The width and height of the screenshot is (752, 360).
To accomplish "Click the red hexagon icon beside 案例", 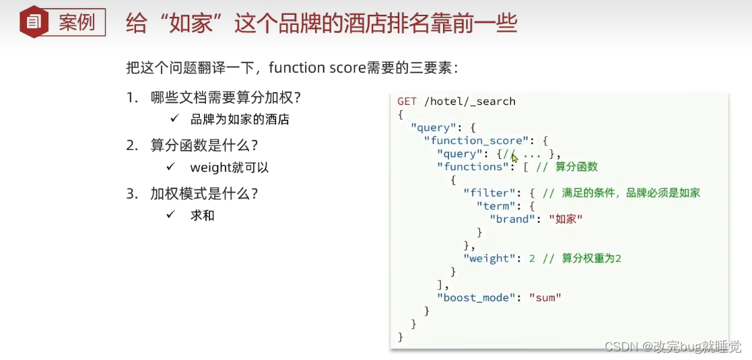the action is tap(32, 22).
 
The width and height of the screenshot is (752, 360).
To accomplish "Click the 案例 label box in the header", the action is tap(76, 22).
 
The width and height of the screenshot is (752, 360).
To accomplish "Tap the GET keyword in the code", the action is tap(407, 102).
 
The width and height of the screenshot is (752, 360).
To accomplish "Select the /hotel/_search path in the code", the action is tap(469, 102).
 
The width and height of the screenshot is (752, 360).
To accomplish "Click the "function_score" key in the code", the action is tap(476, 141).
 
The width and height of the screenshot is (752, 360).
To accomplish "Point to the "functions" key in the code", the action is tap(469, 167).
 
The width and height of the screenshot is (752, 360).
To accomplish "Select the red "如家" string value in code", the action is tap(566, 219).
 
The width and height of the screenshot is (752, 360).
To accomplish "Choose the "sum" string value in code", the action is tap(545, 297).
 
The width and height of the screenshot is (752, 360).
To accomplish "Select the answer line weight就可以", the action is tap(230, 168).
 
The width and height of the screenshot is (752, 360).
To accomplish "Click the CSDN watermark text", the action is tap(672, 347).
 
